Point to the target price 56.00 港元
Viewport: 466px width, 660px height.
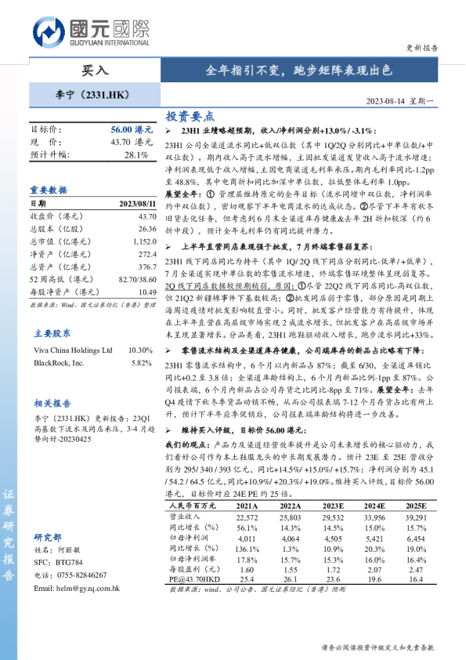132,129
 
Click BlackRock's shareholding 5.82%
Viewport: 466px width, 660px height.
141,363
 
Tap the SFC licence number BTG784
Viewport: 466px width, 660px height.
68,564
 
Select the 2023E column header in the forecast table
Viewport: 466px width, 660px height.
333,506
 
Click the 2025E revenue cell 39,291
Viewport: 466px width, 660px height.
416,517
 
